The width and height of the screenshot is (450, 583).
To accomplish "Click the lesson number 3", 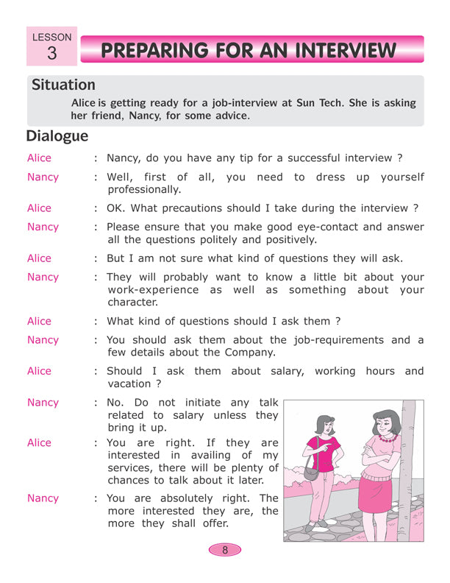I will click(x=51, y=53).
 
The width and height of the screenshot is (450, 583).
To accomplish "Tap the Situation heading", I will click(x=63, y=85).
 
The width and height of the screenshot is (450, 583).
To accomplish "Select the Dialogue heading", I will click(x=57, y=136).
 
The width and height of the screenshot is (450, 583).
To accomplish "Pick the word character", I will click(x=132, y=303).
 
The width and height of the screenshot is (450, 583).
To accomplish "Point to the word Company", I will click(x=250, y=353).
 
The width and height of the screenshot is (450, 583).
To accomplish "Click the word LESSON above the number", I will click(x=51, y=36).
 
